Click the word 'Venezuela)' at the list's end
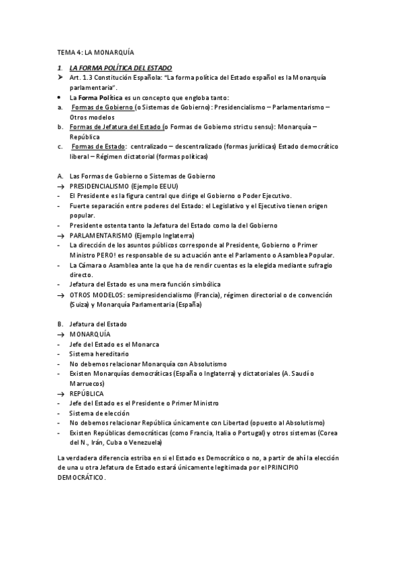[144, 444]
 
